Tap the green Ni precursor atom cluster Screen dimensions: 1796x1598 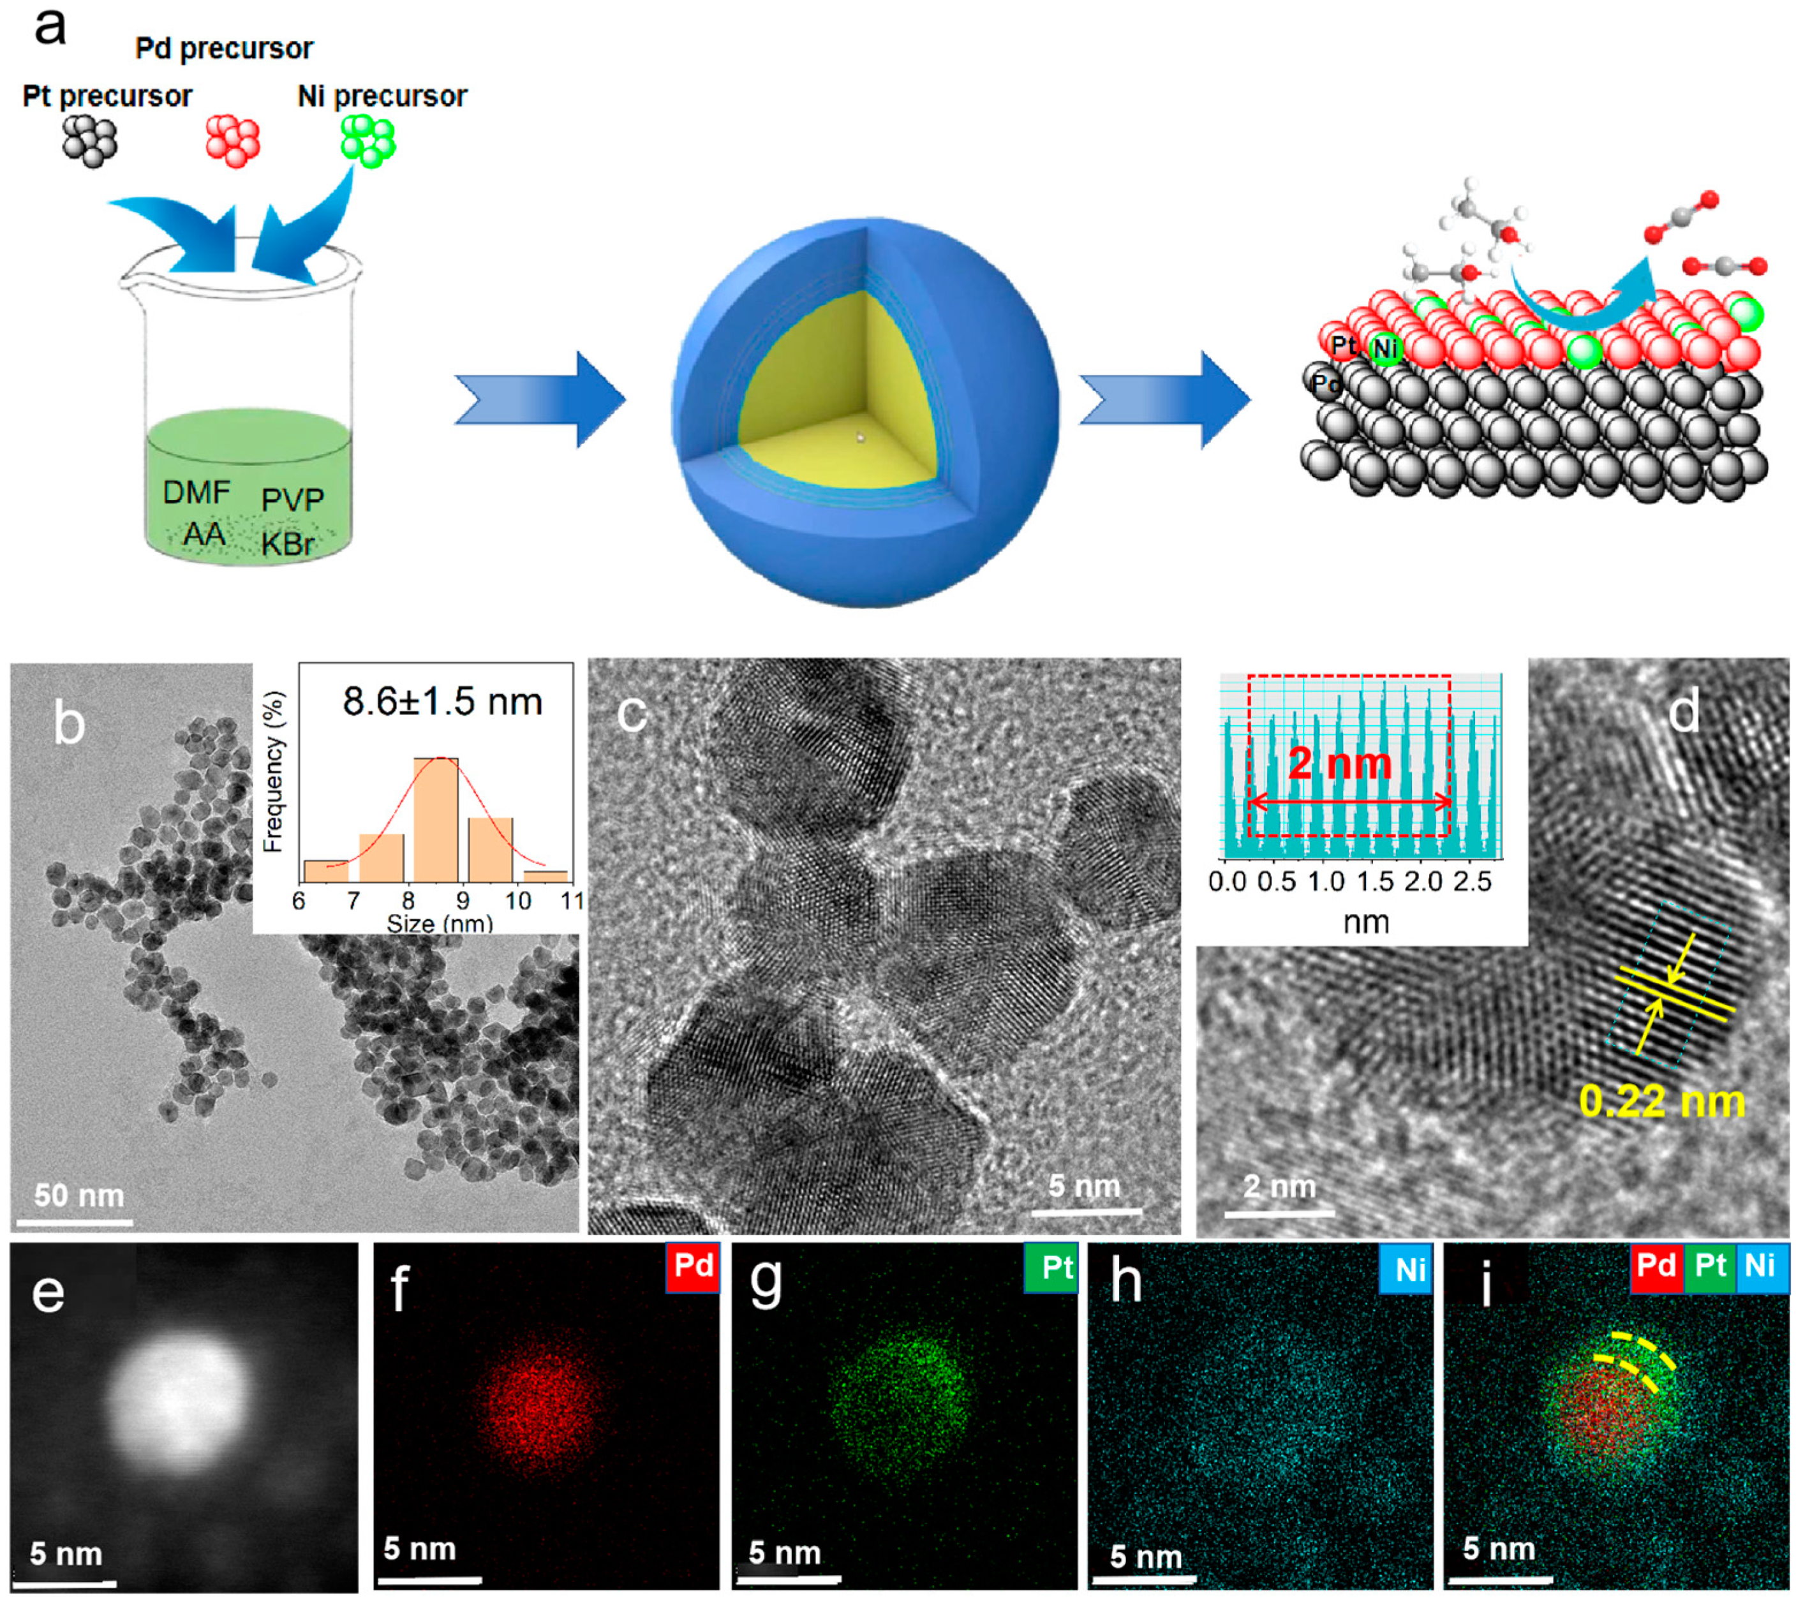[x=368, y=140]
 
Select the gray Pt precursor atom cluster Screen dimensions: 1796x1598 [x=89, y=140]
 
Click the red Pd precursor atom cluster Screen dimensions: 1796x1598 [x=233, y=140]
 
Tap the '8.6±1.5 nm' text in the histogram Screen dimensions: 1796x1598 [x=442, y=702]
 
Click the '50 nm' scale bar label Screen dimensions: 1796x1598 [x=79, y=1195]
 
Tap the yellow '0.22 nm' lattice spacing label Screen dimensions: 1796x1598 [x=1661, y=1102]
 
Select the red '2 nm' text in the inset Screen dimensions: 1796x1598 [x=1340, y=764]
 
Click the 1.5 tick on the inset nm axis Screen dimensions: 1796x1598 [x=1375, y=881]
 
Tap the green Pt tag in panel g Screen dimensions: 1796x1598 [x=1051, y=1267]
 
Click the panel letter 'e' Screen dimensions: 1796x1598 [x=48, y=1292]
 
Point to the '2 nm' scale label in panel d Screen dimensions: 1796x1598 [x=1279, y=1187]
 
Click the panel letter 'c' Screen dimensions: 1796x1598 [x=631, y=713]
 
